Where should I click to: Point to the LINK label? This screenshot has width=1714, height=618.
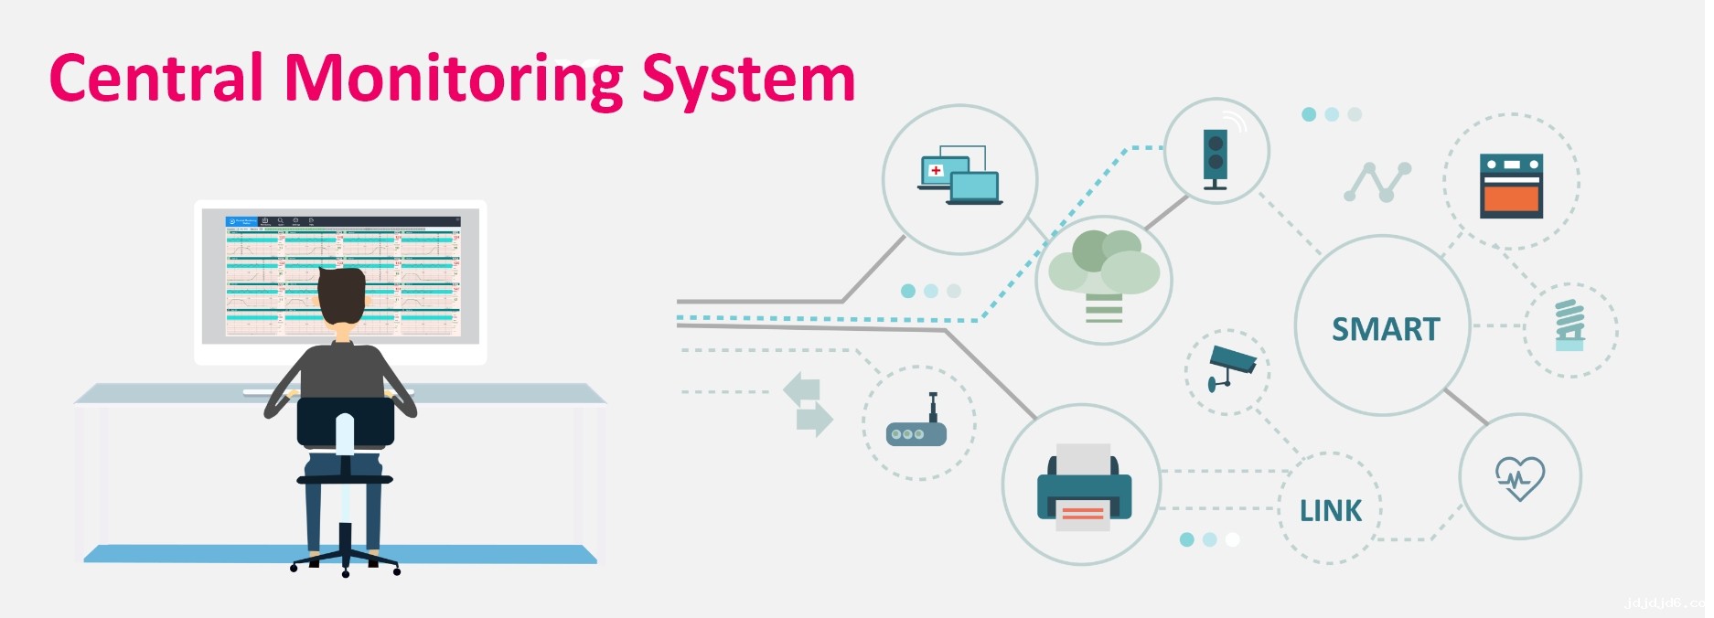[x=1331, y=510]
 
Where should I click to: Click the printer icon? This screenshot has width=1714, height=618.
[x=1084, y=488]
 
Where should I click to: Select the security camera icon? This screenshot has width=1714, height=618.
[x=1231, y=366]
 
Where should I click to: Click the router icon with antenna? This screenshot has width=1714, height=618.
[x=916, y=427]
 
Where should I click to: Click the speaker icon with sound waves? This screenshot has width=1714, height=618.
[x=1216, y=155]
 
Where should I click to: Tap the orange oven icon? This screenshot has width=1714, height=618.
[x=1511, y=186]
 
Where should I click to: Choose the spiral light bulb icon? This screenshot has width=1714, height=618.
[x=1569, y=325]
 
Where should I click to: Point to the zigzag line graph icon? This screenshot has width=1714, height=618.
[x=1377, y=181]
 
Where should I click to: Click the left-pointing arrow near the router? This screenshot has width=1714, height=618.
[x=802, y=388]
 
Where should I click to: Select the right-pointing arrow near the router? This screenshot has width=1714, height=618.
[x=814, y=420]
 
